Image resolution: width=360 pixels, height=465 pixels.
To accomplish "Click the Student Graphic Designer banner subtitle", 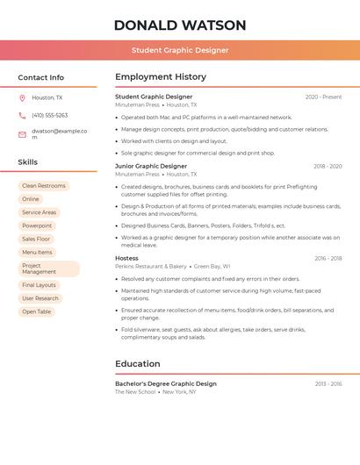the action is coord(180,50).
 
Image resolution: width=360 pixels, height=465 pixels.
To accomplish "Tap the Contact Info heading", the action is coord(40,77).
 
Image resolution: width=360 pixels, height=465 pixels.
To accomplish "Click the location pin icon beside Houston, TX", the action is coord(22,98).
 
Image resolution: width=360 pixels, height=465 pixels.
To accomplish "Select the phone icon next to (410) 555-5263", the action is coord(22,116).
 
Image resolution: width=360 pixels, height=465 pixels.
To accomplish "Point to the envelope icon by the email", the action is coord(22,134).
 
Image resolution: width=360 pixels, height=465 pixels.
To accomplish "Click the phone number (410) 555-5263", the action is coord(49,116).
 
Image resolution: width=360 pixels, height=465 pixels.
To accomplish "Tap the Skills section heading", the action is coord(27,162).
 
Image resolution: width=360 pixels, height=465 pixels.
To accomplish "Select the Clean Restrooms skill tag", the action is coord(44,186).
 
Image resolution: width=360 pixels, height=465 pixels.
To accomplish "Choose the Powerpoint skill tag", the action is coord(37,225).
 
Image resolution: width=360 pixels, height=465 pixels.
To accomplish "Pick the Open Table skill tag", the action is coord(37,311).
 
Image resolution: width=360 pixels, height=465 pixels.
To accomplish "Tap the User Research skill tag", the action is coord(40,298).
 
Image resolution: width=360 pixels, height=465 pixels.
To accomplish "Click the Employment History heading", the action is coord(161,77).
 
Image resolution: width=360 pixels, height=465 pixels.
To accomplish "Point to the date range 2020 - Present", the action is coord(323,97).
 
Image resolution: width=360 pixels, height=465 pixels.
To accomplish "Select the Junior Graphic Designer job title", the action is coord(151,166).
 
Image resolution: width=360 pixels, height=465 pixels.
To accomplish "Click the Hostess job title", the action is coord(126,258).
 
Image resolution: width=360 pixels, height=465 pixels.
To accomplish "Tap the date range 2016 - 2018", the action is coord(328,259).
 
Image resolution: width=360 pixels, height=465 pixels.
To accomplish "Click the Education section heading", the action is coord(138,364).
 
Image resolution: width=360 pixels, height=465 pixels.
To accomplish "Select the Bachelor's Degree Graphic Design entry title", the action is coord(166,383).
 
